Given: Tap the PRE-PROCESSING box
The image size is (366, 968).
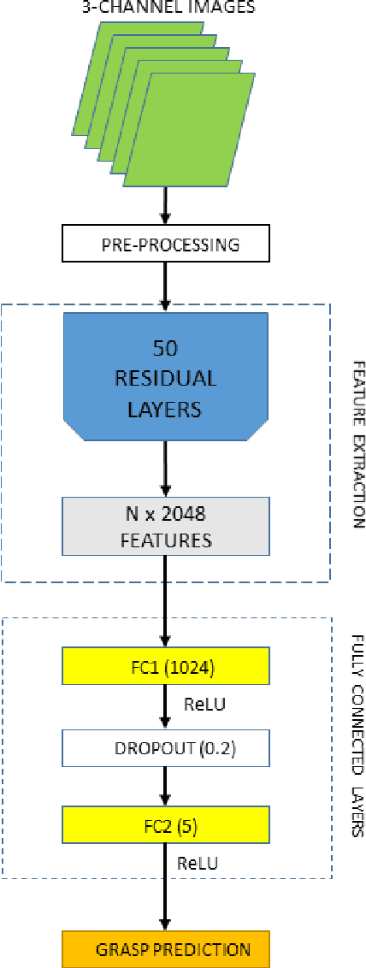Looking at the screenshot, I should (165, 245).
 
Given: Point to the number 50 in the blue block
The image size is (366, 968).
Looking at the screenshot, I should (165, 350).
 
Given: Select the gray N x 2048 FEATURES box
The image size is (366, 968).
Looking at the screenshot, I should (165, 528).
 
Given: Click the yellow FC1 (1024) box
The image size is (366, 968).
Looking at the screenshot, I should (165, 665).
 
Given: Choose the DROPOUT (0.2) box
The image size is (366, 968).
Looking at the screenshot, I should (165, 725).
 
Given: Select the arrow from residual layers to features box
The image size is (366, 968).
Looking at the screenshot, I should (165, 470).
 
